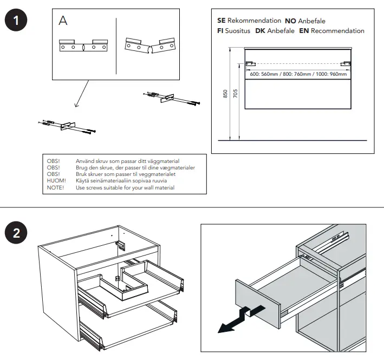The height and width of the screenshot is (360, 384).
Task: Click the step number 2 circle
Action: (x=16, y=234)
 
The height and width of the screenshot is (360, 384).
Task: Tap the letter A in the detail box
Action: (x=63, y=21)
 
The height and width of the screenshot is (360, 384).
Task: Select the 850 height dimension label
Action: (x=225, y=94)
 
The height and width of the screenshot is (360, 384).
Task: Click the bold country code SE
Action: (x=221, y=21)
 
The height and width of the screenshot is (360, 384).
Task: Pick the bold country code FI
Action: (x=220, y=31)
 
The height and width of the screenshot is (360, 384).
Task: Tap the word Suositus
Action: (x=238, y=31)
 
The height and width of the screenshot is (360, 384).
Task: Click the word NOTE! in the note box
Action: (x=55, y=187)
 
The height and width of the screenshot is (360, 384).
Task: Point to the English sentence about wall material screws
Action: (x=125, y=187)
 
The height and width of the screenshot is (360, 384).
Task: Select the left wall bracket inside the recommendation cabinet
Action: (x=250, y=63)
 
